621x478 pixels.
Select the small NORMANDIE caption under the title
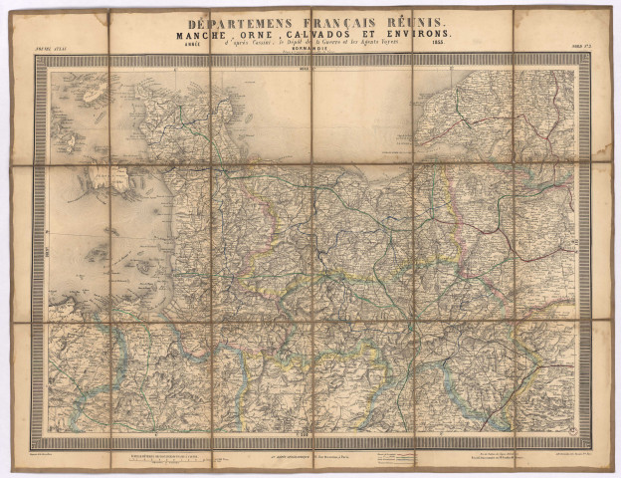[x=310, y=50]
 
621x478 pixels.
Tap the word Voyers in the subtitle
[x=411, y=44]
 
